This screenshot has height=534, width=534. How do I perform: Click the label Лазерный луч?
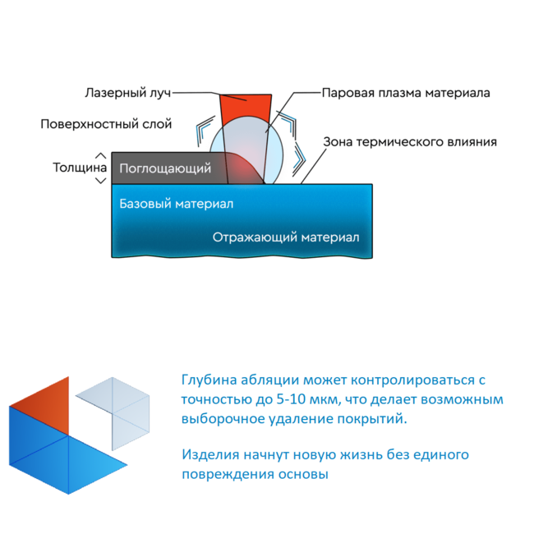[x=127, y=93]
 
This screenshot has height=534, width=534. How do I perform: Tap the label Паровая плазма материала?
[x=406, y=93]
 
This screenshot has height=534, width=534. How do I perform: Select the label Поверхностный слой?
[x=106, y=124]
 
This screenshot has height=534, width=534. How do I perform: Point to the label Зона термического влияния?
[x=410, y=141]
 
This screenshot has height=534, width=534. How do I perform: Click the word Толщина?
[x=80, y=168]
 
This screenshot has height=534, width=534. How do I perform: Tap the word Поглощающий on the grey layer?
[x=165, y=168]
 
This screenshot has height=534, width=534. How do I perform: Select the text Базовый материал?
[x=177, y=204]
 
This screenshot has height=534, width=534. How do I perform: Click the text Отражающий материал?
[x=286, y=237]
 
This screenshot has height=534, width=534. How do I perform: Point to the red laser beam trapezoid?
[x=246, y=109]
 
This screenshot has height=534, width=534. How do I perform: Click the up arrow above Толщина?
[x=100, y=156]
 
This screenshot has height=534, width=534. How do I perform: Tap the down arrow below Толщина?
[x=100, y=181]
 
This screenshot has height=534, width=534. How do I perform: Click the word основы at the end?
[x=303, y=474]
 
